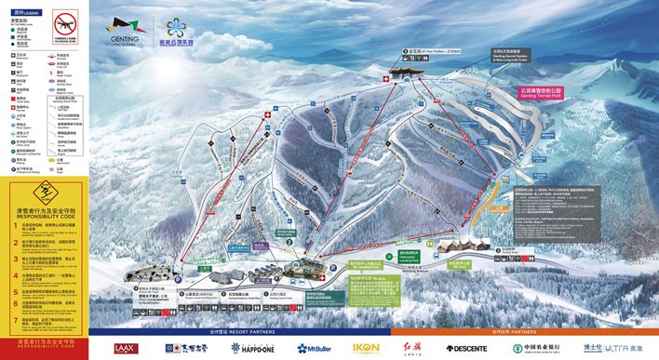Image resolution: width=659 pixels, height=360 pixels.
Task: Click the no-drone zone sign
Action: pos(64,23)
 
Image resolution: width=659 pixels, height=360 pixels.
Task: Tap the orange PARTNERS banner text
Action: pos(521,331)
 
